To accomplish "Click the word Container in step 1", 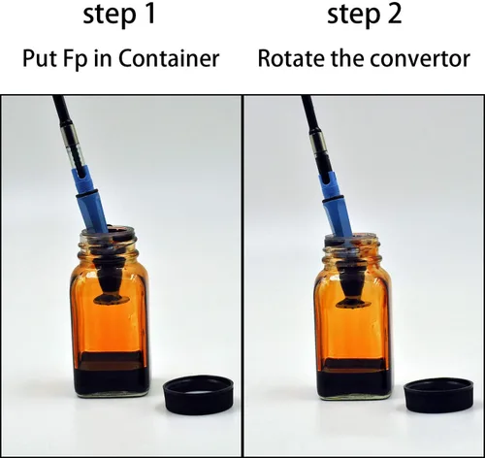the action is (x=169, y=58).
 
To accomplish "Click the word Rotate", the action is (x=291, y=58).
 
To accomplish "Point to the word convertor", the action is (x=420, y=59).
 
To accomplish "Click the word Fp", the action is (x=78, y=59).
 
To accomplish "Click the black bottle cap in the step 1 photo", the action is (x=199, y=395).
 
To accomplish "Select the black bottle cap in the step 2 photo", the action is (x=439, y=396).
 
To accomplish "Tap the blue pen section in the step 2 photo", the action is (x=338, y=204).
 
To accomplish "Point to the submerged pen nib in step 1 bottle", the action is (x=111, y=283).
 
